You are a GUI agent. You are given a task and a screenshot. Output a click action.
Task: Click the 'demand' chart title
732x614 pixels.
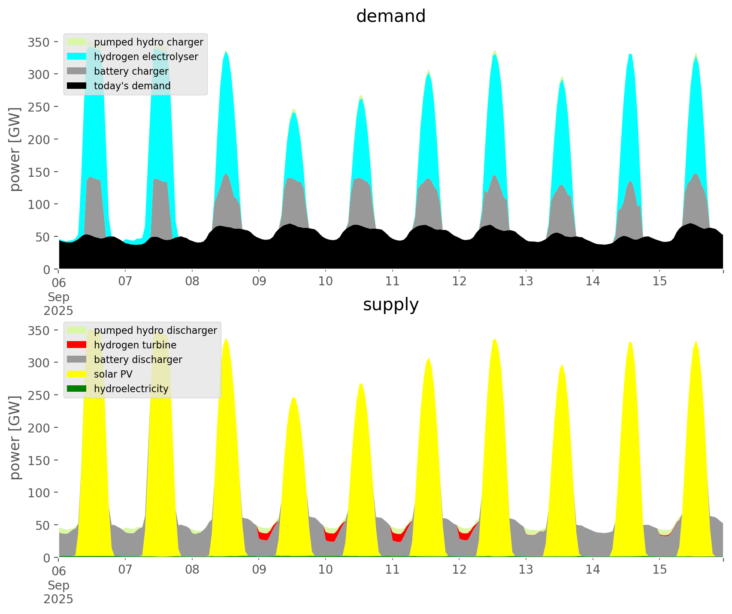pos(390,16)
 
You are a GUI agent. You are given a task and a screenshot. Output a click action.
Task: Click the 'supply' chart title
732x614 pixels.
pos(390,305)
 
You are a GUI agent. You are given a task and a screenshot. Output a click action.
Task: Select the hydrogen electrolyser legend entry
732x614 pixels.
pos(146,57)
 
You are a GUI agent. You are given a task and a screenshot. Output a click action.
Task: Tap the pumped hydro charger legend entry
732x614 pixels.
pos(148,42)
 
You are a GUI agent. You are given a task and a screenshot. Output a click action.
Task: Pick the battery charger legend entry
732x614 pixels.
pos(131,71)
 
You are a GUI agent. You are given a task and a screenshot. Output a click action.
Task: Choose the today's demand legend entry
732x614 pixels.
pos(132,86)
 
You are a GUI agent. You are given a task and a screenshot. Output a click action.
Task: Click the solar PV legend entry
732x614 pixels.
pos(113,374)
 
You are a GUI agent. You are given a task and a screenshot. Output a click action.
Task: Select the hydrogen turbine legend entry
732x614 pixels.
pos(135,345)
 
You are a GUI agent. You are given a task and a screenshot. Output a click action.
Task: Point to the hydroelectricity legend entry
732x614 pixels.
pos(131,389)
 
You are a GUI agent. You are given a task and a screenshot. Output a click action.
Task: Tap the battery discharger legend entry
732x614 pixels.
pos(138,360)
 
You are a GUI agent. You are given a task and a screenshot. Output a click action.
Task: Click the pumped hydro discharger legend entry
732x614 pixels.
pos(155,330)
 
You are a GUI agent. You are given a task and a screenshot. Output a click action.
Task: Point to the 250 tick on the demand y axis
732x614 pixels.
pos(39,107)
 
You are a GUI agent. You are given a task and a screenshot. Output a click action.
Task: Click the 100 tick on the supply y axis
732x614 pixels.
pos(39,493)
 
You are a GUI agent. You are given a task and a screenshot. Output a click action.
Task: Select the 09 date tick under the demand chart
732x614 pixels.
pos(259,281)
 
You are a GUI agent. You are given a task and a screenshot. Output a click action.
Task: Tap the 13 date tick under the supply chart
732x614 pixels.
pos(526,570)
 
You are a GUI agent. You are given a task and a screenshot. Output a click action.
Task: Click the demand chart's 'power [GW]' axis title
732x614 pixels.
pos(15,150)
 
